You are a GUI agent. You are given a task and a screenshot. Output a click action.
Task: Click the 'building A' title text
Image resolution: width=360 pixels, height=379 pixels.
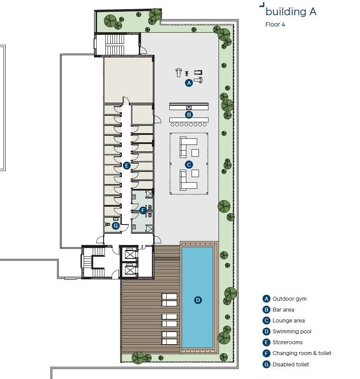[290, 12]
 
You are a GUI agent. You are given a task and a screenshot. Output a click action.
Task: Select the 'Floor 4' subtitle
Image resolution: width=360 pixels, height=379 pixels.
[275, 24]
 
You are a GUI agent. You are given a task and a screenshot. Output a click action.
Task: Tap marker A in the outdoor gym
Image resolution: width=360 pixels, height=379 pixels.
[188, 83]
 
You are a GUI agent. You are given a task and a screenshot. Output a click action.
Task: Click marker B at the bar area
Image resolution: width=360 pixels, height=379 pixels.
[189, 115]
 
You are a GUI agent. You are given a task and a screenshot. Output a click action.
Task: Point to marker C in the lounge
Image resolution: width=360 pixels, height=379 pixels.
[189, 164]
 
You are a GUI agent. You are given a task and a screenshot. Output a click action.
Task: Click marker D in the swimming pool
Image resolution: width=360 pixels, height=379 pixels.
[198, 300]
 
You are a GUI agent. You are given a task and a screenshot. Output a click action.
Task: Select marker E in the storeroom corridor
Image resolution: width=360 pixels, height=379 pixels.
[127, 165]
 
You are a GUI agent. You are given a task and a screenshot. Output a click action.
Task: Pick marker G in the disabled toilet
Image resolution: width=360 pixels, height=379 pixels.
[115, 225]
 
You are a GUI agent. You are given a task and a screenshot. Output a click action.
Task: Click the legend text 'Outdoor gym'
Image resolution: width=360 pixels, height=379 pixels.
[289, 299]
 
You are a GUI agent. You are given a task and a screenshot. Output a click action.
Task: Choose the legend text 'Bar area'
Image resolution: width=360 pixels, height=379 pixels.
[283, 310]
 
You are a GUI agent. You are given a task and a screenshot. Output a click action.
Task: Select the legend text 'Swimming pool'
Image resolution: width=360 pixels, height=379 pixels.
[292, 332]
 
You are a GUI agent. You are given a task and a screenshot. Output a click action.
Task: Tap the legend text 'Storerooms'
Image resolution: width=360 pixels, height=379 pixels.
[287, 342]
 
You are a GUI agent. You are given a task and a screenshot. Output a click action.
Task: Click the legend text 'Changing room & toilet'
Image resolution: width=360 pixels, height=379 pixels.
[302, 353]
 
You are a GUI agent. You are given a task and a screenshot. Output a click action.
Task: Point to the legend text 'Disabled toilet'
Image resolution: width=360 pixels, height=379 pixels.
[291, 364]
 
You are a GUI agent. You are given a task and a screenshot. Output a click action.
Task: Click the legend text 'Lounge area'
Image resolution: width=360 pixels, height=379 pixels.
[289, 321]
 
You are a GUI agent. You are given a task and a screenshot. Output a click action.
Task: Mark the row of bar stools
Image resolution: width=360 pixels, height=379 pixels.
[188, 124]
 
